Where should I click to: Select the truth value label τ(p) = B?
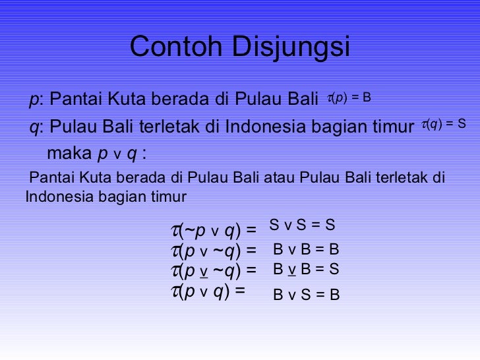349,98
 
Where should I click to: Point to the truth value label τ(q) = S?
443,123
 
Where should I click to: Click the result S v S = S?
303,225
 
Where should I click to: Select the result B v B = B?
306,250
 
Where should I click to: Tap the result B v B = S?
306,269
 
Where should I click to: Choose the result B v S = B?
306,295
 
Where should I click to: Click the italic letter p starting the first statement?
33,100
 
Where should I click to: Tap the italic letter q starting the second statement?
33,127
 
